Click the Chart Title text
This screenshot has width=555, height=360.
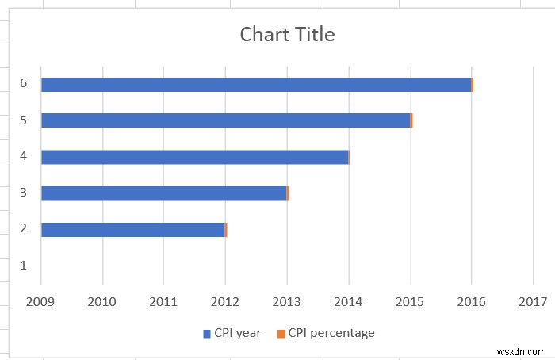(287, 35)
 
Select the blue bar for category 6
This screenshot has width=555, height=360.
(256, 85)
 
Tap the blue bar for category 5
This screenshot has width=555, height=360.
(225, 121)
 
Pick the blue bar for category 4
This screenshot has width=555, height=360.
(194, 157)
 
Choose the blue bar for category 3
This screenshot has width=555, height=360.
(163, 193)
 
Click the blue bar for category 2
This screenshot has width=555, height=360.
(132, 230)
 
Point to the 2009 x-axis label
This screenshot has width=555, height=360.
(40, 301)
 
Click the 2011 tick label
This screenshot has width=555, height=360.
(163, 301)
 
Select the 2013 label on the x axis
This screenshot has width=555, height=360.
(287, 301)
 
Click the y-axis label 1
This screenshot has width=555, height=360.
(24, 266)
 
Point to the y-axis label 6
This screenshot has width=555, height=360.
(24, 83)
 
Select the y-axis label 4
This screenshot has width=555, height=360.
(24, 156)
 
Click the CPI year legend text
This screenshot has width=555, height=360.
(237, 333)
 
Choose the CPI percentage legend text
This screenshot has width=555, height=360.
(331, 333)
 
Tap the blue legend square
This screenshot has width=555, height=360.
(207, 334)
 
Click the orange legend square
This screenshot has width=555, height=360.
(281, 334)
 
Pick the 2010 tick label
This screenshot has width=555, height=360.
(101, 301)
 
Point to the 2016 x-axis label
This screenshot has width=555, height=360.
(472, 301)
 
